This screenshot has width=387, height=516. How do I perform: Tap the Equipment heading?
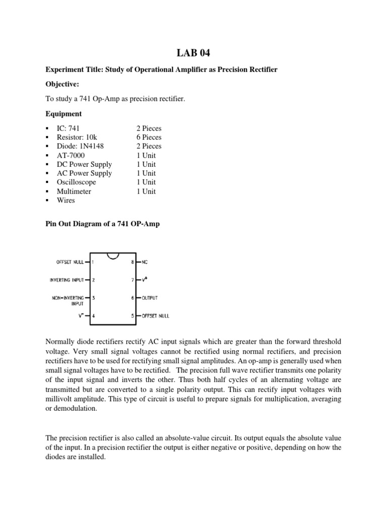[63, 114]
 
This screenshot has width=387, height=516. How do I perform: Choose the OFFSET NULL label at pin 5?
[156, 316]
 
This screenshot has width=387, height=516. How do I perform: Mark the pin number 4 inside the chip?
[93, 316]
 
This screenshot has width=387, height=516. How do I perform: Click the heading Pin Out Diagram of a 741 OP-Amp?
[102, 223]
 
